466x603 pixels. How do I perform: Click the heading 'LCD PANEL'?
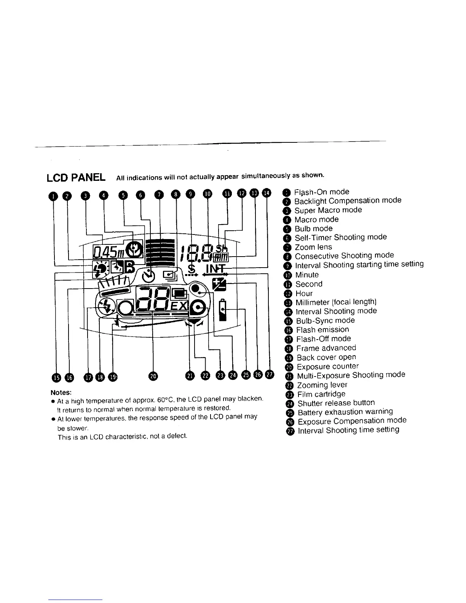pos(76,177)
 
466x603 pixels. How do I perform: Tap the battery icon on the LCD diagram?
pos(223,311)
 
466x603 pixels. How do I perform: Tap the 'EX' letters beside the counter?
pos(179,306)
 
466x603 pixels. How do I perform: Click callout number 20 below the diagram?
pos(153,376)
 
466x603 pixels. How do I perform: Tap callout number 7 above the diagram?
pos(159,195)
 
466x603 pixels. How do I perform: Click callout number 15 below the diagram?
pos(56,377)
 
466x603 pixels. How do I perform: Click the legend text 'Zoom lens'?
pos(313,247)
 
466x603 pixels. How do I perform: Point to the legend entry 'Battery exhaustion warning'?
pos(345,412)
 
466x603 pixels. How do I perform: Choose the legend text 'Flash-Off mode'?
pos(324,338)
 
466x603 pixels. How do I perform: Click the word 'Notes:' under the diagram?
pos(61,392)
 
